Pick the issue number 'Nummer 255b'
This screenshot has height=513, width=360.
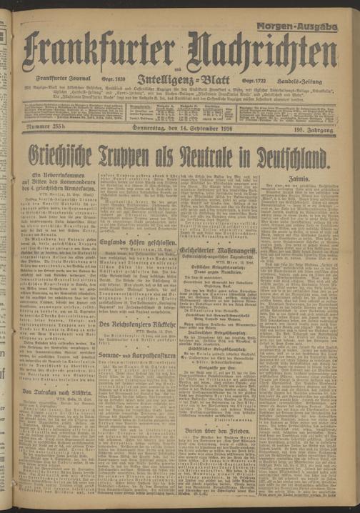49,127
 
